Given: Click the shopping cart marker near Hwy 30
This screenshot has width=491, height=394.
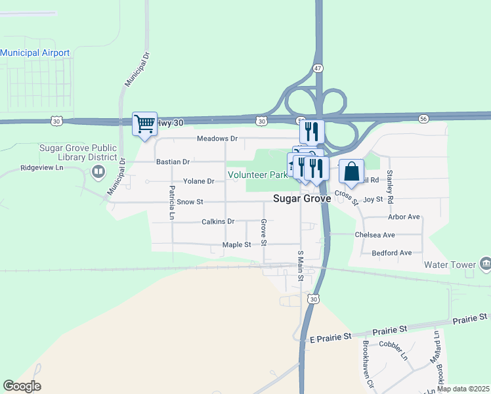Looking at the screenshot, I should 144,123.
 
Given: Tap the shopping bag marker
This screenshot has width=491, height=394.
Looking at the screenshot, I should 351,172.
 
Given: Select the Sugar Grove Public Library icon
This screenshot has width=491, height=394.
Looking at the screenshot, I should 98,172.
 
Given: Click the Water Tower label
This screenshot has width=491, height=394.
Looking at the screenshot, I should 449,265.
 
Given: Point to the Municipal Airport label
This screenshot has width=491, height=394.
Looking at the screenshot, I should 35,53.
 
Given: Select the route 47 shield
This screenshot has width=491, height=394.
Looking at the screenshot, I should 318,68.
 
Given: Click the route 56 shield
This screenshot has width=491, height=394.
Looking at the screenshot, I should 423,118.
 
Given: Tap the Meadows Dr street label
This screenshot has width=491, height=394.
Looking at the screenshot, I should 217,139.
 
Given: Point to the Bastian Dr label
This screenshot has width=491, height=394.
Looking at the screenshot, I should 173,162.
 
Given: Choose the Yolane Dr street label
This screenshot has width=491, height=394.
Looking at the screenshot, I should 198,181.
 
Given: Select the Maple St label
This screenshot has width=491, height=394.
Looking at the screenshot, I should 236,245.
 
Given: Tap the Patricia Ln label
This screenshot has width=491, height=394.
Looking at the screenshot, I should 172,203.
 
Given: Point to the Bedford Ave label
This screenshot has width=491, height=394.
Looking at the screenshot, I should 391,253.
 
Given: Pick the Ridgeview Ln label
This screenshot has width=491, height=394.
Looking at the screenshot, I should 41,168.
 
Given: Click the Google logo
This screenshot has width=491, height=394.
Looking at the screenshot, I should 22,386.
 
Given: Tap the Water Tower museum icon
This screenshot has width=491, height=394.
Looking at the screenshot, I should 485,264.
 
